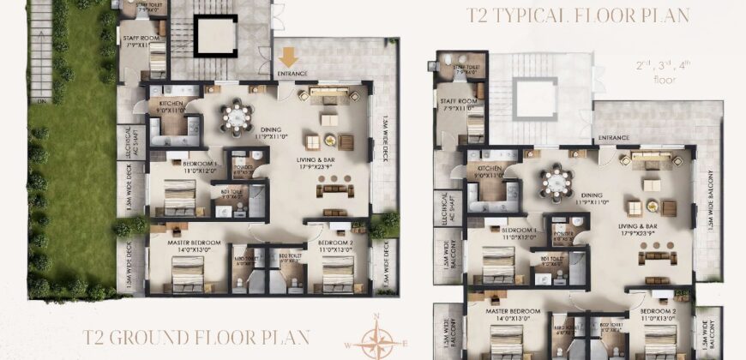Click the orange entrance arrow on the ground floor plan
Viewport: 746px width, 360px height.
[288, 57]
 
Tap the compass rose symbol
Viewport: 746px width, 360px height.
[377, 339]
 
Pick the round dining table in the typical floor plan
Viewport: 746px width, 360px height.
[556, 181]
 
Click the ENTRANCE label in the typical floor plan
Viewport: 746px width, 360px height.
[614, 137]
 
